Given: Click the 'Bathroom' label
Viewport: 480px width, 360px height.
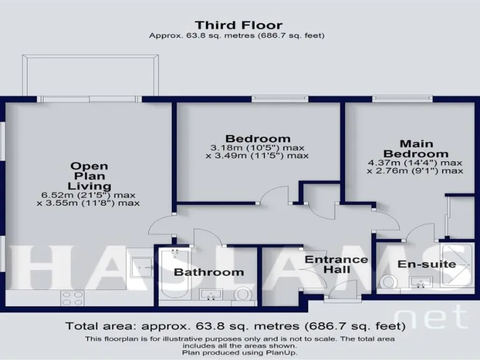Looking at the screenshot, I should pyautogui.click(x=209, y=272).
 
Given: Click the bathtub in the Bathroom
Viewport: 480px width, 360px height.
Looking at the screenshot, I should pyautogui.click(x=174, y=275).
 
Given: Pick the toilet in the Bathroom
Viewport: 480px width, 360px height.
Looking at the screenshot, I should pyautogui.click(x=242, y=294).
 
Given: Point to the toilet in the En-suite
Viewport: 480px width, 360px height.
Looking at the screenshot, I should pyautogui.click(x=389, y=282).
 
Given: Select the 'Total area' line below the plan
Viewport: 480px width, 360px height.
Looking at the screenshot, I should pyautogui.click(x=236, y=326).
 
